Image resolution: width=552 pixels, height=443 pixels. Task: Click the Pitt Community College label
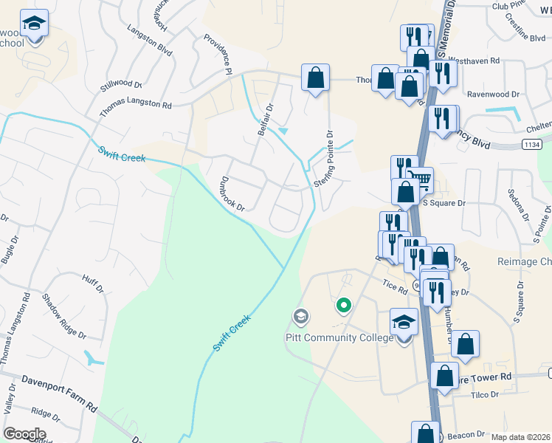[339, 338]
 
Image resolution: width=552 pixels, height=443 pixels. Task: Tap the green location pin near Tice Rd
[343, 304]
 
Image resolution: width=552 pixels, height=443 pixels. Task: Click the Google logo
[24, 434]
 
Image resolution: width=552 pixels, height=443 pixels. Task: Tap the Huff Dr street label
[94, 285]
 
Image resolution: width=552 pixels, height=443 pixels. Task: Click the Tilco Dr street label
[484, 395]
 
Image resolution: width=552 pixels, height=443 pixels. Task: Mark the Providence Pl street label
[218, 53]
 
